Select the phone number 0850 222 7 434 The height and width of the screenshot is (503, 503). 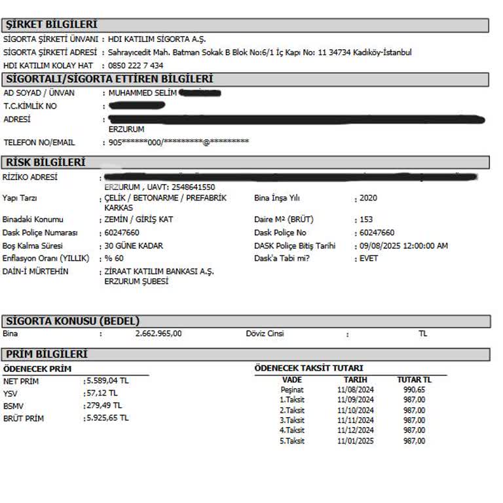pos(136,65)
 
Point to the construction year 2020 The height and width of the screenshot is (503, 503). pos(368,198)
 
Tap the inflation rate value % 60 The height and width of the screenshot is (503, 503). pos(114,258)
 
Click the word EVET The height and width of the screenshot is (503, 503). pos(369,258)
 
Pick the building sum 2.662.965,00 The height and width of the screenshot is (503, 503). pos(158,333)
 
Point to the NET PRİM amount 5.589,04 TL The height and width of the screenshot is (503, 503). pos(107,381)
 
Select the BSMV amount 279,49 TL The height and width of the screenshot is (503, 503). pos(105,405)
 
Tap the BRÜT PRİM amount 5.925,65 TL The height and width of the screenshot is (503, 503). pos(107,417)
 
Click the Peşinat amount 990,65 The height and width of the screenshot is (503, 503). pos(415,389)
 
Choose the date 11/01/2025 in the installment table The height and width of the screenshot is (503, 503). pos(356,441)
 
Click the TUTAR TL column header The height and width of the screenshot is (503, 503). pos(415,379)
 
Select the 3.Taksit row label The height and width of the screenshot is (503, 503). pos(292,420)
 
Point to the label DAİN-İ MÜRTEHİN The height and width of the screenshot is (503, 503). pos(35,271)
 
